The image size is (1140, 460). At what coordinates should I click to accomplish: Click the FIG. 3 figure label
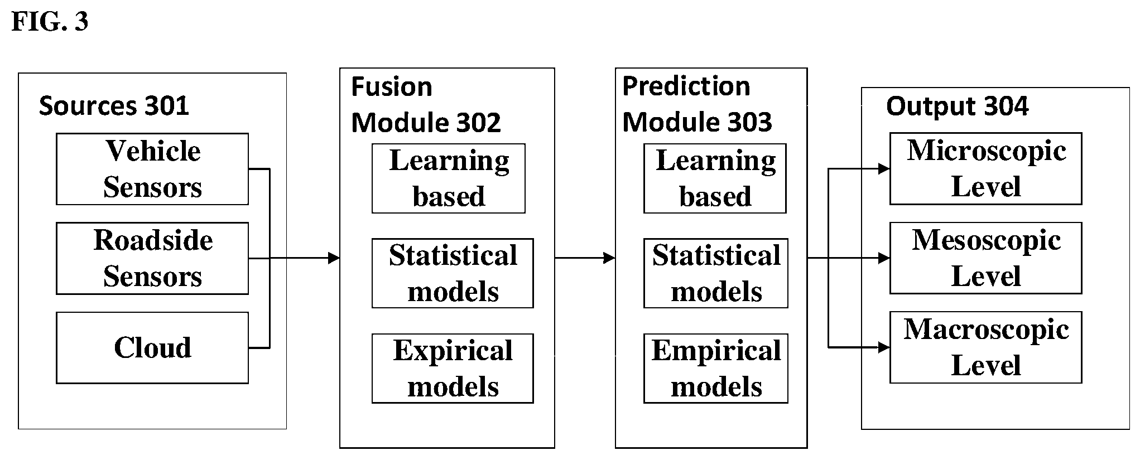pos(50,22)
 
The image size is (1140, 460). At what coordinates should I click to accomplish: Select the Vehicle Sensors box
pos(152,169)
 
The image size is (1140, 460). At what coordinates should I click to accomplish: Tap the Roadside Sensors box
pos(152,258)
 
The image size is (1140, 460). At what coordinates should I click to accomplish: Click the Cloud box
pos(152,348)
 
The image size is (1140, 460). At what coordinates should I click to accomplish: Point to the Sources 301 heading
pos(114,106)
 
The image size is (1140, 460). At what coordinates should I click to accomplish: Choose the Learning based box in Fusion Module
pos(449,178)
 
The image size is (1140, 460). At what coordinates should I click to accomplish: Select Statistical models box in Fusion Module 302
pos(453,273)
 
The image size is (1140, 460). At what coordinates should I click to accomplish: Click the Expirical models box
pos(453,369)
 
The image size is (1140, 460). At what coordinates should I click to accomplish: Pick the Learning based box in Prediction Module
pos(715,178)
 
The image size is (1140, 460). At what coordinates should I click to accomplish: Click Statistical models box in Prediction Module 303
pos(716,273)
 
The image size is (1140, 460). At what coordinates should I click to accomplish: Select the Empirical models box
pos(716,369)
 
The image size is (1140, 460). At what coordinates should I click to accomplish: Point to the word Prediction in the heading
pos(686,86)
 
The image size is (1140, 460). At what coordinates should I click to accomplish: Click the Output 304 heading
pos(957,106)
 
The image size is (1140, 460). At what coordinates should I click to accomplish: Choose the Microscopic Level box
pos(986,168)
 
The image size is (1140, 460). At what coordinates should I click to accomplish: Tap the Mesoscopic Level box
pos(986,258)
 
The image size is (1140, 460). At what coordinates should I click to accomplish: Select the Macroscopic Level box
pos(986,347)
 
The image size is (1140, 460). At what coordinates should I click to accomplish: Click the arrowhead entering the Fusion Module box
pos(334,258)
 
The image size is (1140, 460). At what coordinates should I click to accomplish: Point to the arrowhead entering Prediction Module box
pos(609,258)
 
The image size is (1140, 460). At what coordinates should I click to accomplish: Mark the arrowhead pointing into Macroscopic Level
pos(884,347)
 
